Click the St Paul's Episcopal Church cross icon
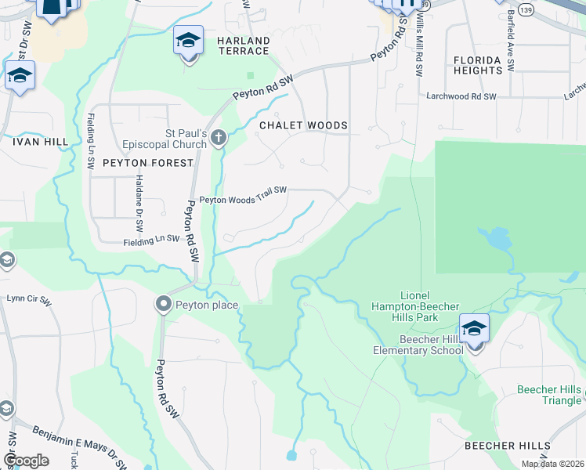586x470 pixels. click(x=218, y=139)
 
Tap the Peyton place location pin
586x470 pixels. click(x=164, y=304)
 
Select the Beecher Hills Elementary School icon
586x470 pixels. click(x=474, y=329)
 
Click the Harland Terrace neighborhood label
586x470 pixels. click(x=243, y=45)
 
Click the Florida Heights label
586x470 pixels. click(x=477, y=65)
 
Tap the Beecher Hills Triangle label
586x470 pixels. click(x=549, y=395)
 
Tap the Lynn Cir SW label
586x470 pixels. click(x=28, y=300)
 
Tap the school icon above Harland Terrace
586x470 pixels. click(x=188, y=39)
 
